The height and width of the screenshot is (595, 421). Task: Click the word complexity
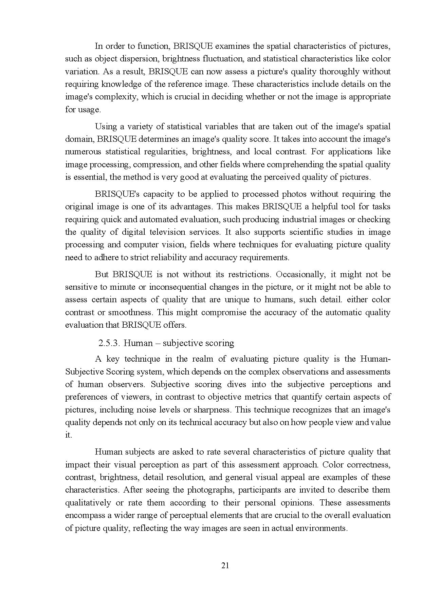[x=120, y=97]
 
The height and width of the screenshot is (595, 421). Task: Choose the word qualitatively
[x=88, y=503]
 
